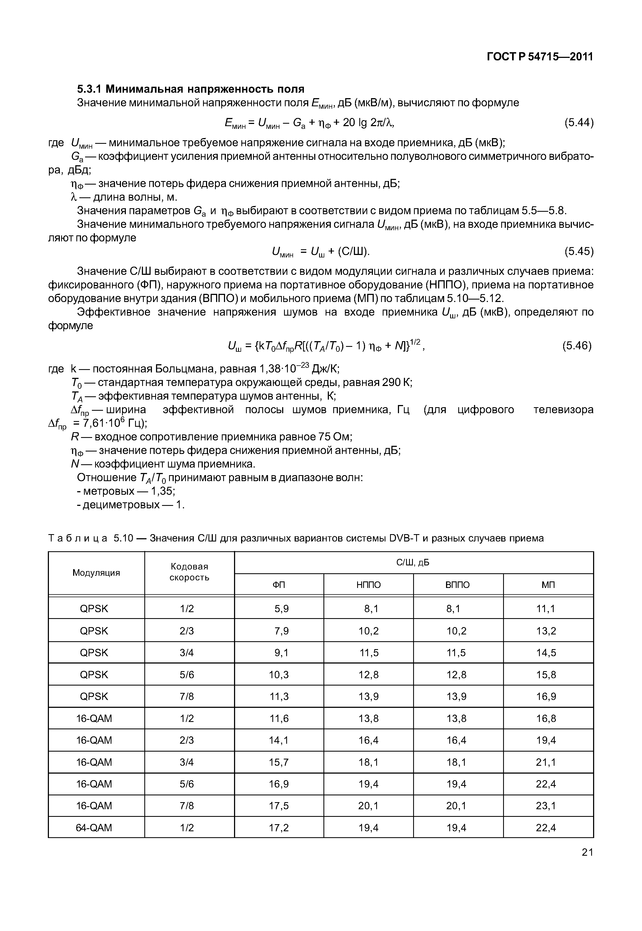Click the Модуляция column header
pos(96,573)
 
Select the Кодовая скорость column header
pos(189,572)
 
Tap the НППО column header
pos(369,585)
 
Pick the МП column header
pos(548,585)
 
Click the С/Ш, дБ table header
pos(413,562)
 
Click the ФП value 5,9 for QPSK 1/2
pos(282,609)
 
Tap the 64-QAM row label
pos(94,828)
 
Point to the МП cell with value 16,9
pos(546,696)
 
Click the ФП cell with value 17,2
pos(279,828)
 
